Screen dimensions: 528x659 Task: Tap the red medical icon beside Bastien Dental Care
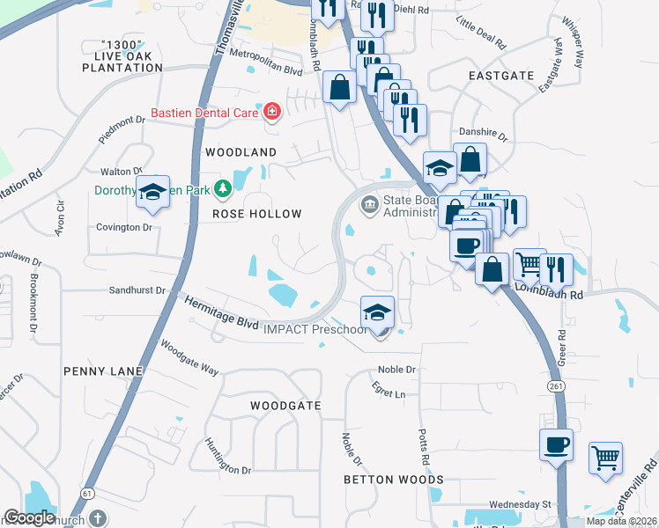click(272, 112)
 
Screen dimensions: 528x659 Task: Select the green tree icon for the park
click(224, 187)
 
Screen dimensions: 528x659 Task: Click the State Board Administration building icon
click(369, 206)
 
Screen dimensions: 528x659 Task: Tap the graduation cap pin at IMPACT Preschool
click(377, 313)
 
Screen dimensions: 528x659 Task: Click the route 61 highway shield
click(86, 494)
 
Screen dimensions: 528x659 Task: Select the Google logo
click(29, 517)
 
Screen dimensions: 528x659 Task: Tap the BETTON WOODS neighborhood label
click(394, 480)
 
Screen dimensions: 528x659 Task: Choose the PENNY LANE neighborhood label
click(103, 372)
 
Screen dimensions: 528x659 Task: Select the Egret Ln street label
click(388, 394)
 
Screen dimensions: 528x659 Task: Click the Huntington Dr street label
click(227, 457)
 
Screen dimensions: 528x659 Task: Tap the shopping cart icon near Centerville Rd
click(604, 458)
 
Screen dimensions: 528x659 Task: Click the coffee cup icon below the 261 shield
click(556, 445)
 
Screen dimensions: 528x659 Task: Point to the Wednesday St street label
click(519, 504)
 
